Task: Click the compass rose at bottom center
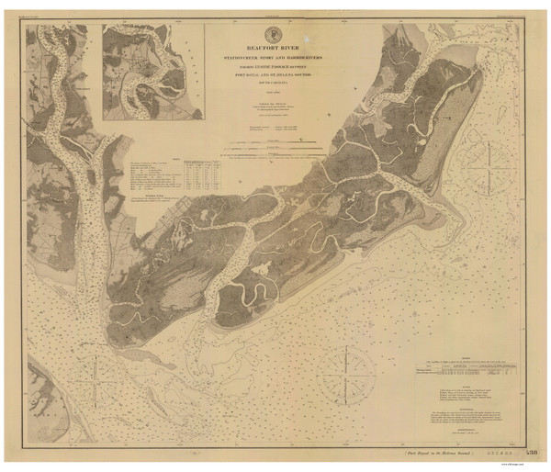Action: pyautogui.click(x=345, y=373)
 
